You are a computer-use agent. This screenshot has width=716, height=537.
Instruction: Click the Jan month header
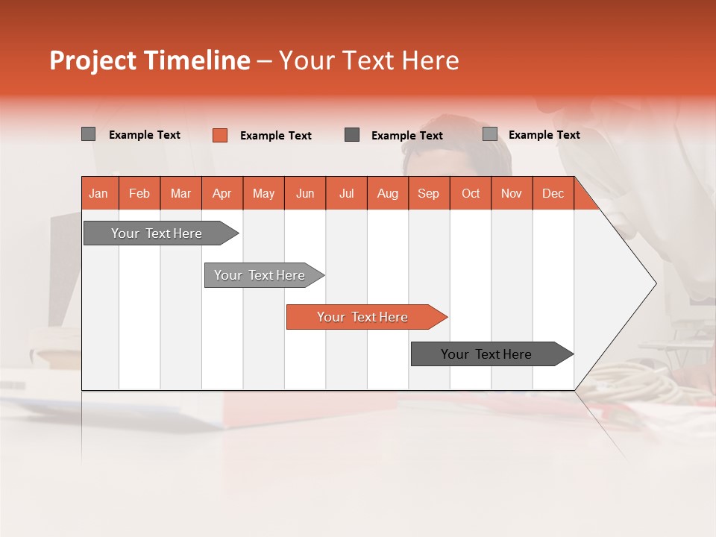99,193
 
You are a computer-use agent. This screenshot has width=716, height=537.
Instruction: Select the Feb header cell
139,193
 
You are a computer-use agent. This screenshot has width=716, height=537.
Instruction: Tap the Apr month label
222,193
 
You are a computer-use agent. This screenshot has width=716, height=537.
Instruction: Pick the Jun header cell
305,193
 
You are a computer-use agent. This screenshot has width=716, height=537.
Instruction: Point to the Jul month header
346,193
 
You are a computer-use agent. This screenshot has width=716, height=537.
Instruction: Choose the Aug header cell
388,193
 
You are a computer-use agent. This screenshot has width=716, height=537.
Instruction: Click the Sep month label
429,193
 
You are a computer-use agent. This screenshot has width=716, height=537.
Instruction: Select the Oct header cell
471,193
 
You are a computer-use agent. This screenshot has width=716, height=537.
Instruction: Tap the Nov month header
512,193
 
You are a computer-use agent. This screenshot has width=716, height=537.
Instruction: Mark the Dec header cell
553,193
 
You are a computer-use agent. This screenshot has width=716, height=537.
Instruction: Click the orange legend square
219,135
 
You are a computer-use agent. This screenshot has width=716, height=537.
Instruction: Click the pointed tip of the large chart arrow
654,283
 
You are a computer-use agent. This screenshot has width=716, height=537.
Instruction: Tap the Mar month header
180,193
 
